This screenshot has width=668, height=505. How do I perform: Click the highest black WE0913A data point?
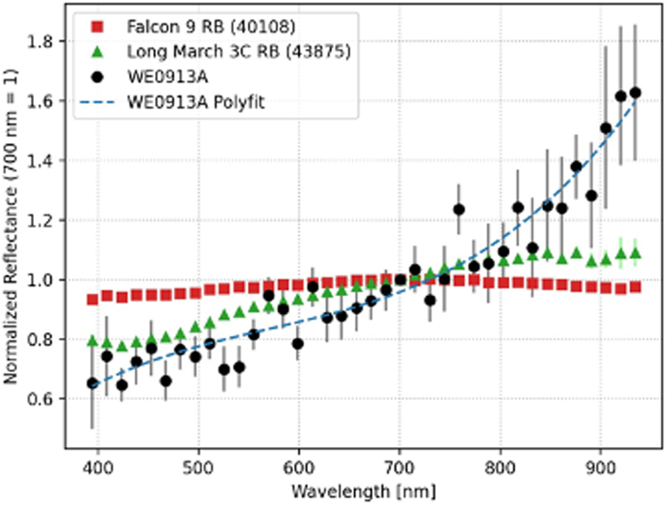pos(635,93)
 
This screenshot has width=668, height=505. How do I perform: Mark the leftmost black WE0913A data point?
pos(92,383)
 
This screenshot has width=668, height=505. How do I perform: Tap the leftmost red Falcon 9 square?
pos(92,299)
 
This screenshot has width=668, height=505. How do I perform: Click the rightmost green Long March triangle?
pos(635,253)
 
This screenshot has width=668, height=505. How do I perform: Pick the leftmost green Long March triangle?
pos(92,341)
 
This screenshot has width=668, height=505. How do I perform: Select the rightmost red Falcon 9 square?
pos(635,287)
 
